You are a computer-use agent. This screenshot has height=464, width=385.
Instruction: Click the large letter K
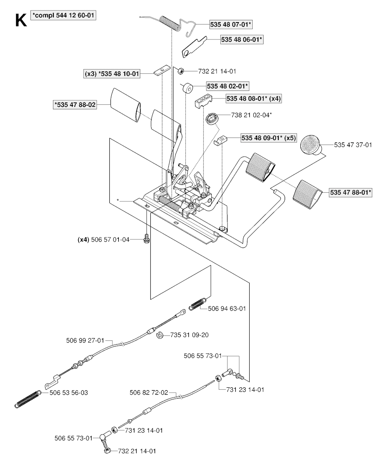point(20,20)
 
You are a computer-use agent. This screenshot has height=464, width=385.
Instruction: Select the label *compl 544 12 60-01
point(64,16)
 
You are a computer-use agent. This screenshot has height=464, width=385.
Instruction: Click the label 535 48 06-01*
point(241,39)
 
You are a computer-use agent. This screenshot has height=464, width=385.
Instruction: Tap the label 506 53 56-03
point(69,393)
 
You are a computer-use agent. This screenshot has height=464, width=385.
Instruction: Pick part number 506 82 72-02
point(149,393)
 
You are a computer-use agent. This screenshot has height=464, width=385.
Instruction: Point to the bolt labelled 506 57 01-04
point(146,239)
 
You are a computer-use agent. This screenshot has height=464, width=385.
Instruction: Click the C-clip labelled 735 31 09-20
point(159,335)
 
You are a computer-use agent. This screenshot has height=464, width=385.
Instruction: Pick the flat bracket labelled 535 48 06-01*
point(194,48)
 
